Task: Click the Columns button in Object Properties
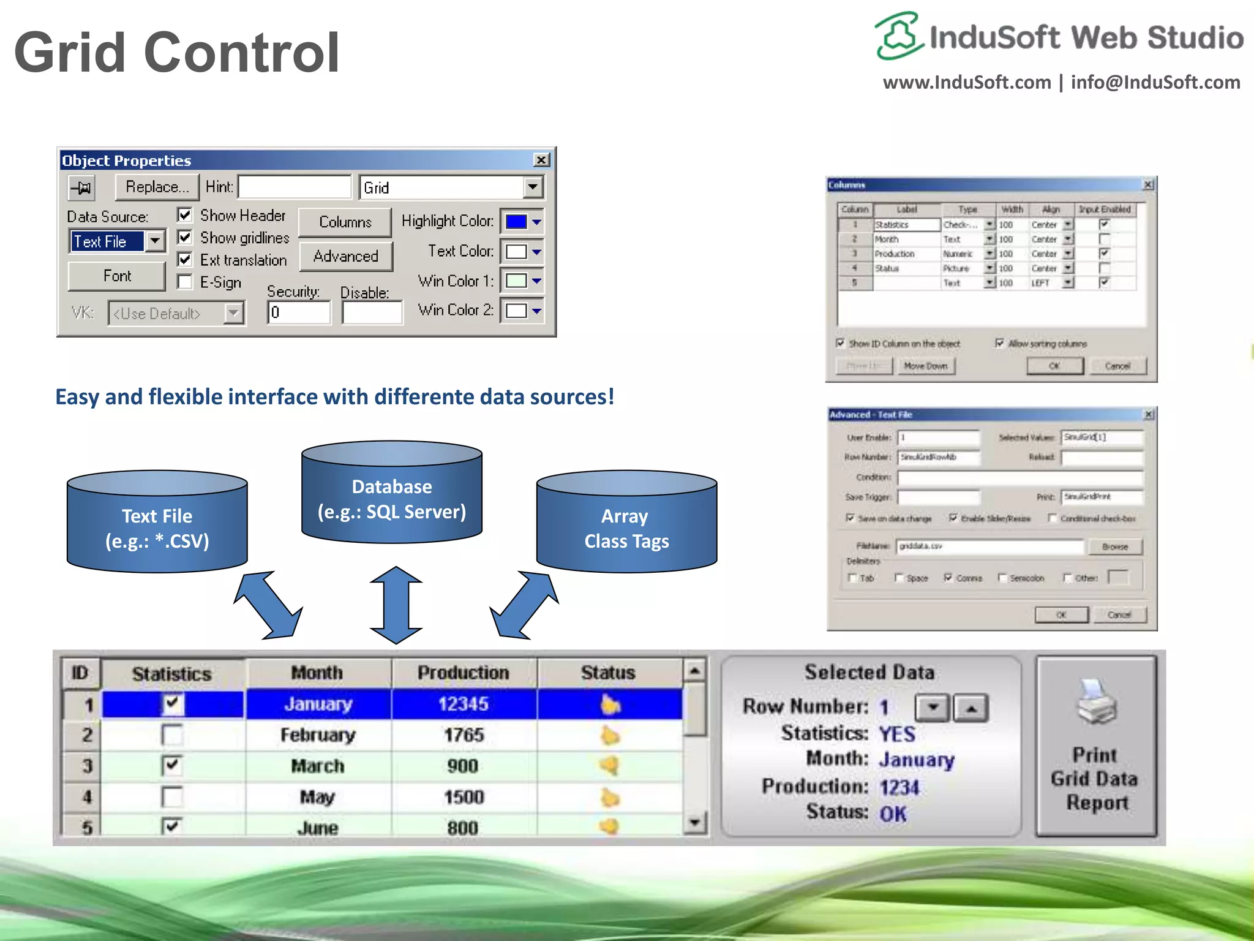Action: point(345,222)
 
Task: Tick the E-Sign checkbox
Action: point(184,282)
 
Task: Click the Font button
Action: point(116,276)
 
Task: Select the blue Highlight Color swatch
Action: point(516,222)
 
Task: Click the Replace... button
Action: point(157,187)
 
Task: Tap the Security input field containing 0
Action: point(299,313)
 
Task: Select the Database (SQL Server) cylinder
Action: point(392,493)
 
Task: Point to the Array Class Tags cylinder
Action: point(626,523)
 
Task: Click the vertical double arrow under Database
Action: point(396,605)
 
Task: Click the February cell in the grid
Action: point(318,735)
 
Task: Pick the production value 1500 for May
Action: point(464,797)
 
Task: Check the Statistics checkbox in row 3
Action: point(172,765)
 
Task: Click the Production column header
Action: point(464,673)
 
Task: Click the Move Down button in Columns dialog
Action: point(925,366)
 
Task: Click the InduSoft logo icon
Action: point(898,36)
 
